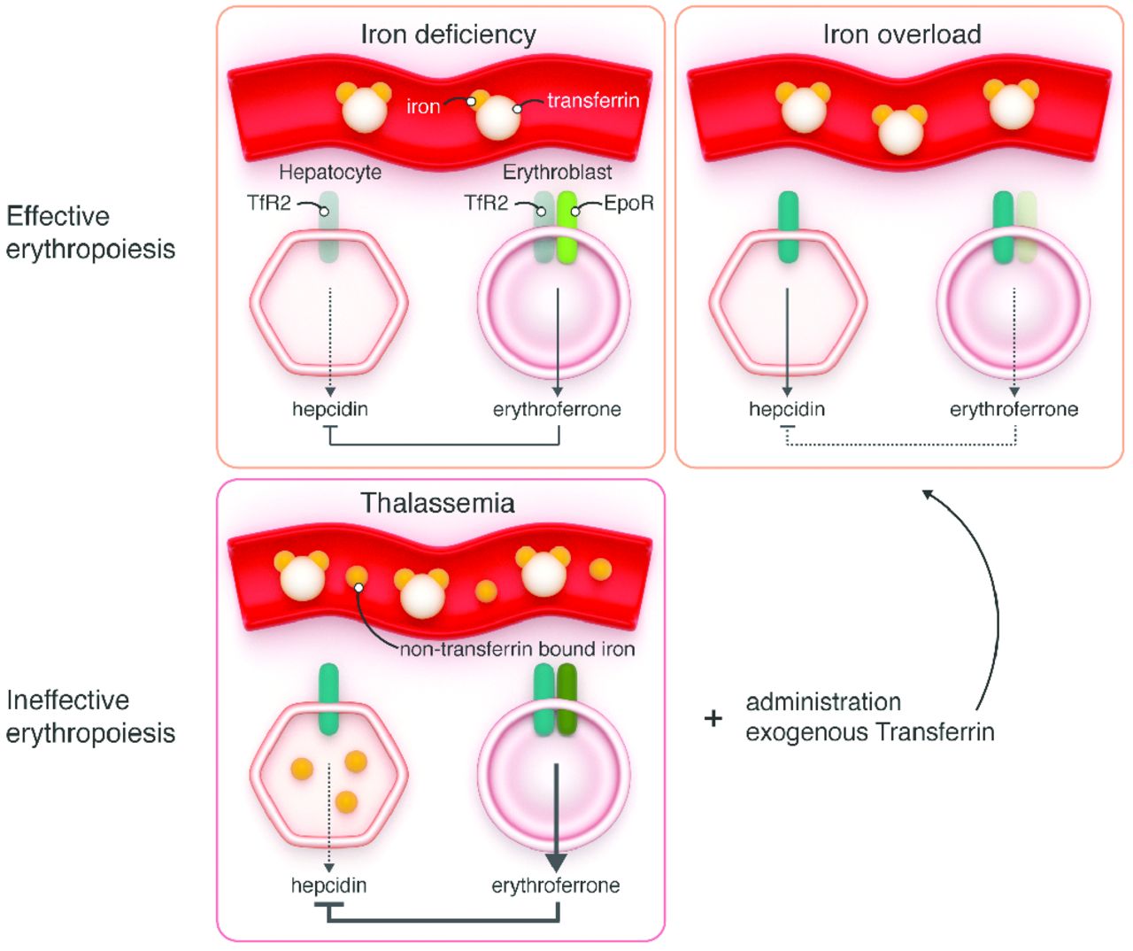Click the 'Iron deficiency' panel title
[448, 35]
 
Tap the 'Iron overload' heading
[902, 35]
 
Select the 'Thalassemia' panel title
[437, 503]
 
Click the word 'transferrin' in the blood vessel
[593, 101]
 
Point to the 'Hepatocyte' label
[330, 172]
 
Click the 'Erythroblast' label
[557, 172]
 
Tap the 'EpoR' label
[629, 204]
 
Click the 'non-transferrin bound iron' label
[517, 649]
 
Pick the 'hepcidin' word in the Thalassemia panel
[328, 885]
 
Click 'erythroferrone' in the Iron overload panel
[1014, 409]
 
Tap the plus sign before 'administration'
[713, 718]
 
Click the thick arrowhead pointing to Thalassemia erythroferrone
[556, 862]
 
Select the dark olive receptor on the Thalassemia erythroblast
[566, 700]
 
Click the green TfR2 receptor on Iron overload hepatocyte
[788, 228]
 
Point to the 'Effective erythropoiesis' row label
[90, 232]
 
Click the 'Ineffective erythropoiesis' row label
[90, 716]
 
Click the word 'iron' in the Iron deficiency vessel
[423, 107]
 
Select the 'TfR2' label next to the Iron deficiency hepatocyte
[269, 204]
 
